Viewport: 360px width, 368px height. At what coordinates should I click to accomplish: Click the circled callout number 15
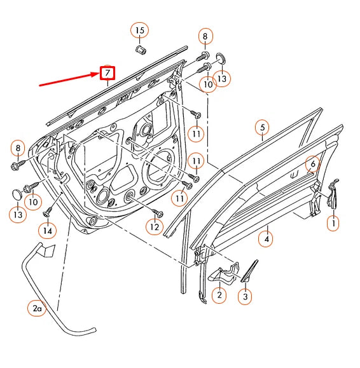[139, 30]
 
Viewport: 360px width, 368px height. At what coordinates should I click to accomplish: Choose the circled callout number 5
[261, 128]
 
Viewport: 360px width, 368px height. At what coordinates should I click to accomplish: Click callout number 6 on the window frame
[312, 164]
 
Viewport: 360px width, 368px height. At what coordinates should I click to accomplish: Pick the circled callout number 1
[333, 223]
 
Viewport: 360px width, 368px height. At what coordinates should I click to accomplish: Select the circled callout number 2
[218, 294]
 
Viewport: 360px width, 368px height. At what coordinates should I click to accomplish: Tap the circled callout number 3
[246, 296]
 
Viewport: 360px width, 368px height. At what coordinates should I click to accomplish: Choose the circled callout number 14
[47, 231]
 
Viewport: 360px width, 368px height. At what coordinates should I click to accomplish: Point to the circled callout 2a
[37, 310]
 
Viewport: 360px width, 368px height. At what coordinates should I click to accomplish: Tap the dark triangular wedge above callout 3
[248, 270]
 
